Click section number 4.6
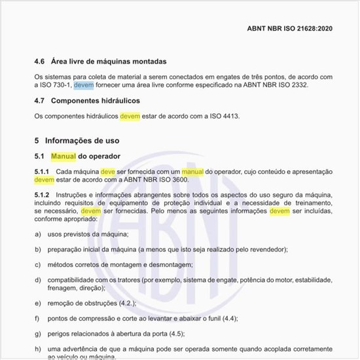[39, 62]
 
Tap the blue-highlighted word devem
[84, 85]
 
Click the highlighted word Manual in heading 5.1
[63, 156]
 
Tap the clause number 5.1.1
[42, 171]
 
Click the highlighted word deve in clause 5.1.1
[107, 171]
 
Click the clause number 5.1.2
[42, 196]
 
